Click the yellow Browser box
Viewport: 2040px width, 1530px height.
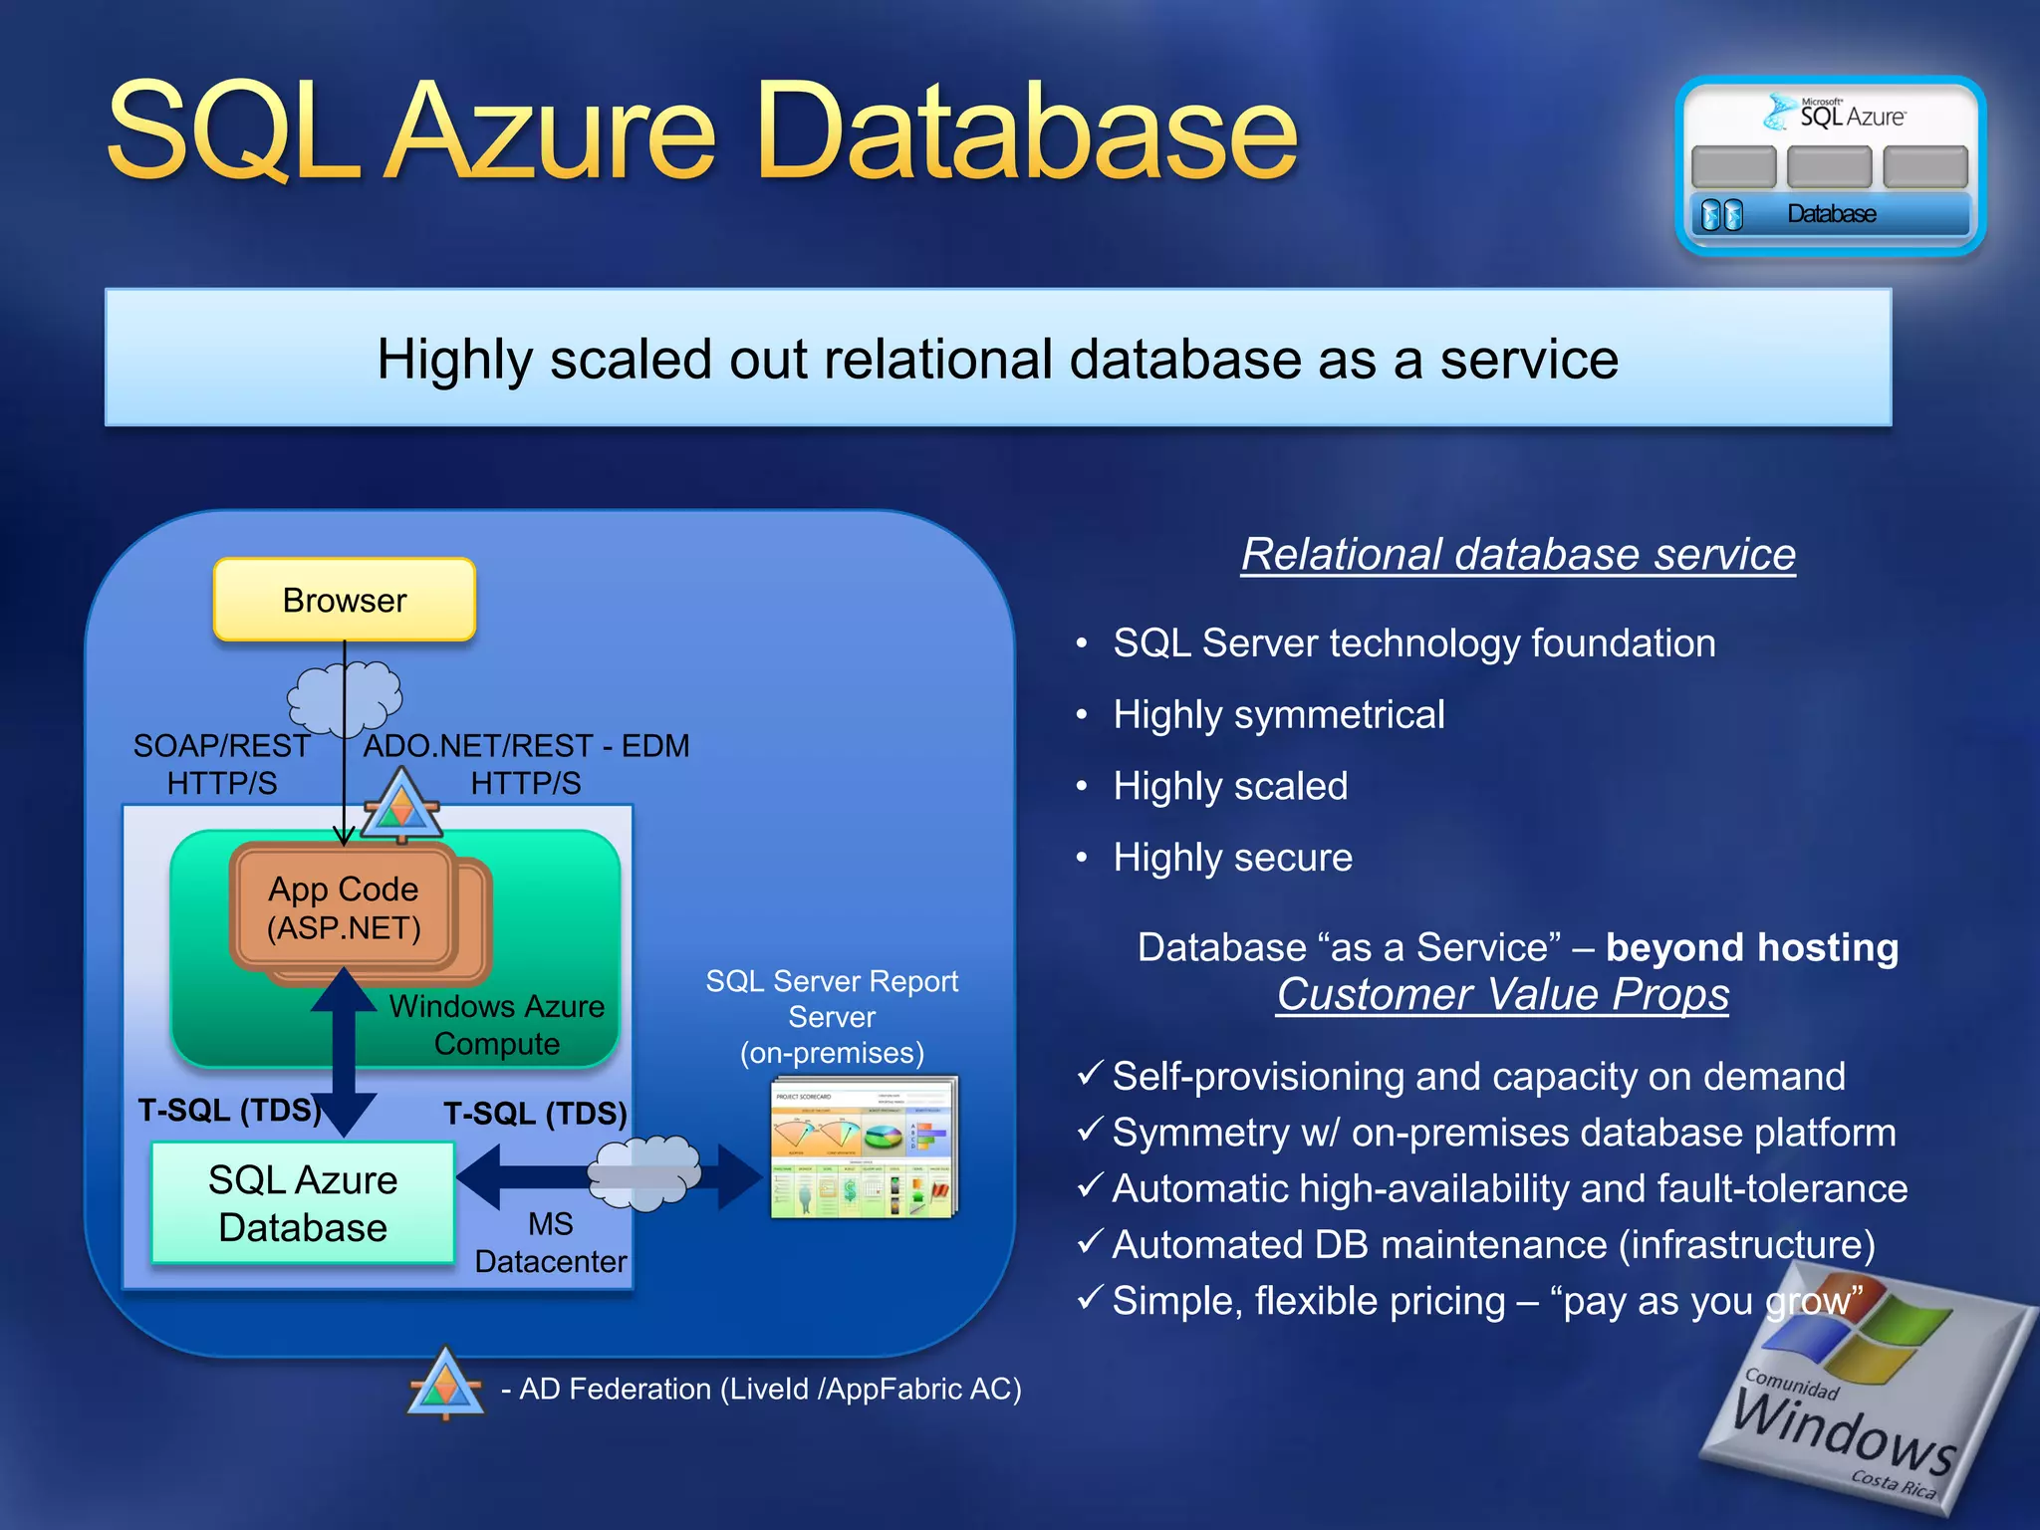click(x=345, y=600)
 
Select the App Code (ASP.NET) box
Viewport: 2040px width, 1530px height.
click(x=344, y=907)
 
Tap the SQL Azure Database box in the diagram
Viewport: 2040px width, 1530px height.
click(x=303, y=1203)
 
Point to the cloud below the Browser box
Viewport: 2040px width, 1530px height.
click(x=345, y=695)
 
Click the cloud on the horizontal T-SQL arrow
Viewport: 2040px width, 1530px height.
click(x=643, y=1173)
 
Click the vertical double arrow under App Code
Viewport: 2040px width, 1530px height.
click(x=344, y=1052)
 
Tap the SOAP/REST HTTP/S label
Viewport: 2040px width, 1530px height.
click(x=221, y=764)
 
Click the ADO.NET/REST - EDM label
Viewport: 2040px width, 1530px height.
click(x=526, y=746)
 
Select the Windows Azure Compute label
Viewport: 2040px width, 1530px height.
click(x=496, y=1025)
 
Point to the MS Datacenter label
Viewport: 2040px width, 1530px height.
click(x=550, y=1242)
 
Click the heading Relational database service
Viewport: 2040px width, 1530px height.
click(x=1517, y=554)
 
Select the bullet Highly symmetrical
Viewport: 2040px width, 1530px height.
click(x=1278, y=714)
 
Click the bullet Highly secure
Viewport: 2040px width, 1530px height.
click(x=1232, y=858)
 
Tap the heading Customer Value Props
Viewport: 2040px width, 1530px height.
click(x=1502, y=994)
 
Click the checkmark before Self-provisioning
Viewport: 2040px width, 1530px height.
click(x=1090, y=1074)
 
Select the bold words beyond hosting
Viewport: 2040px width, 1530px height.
click(x=1751, y=947)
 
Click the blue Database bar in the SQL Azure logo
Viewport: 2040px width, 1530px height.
click(x=1831, y=214)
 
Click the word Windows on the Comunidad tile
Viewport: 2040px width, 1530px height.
click(x=1843, y=1433)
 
